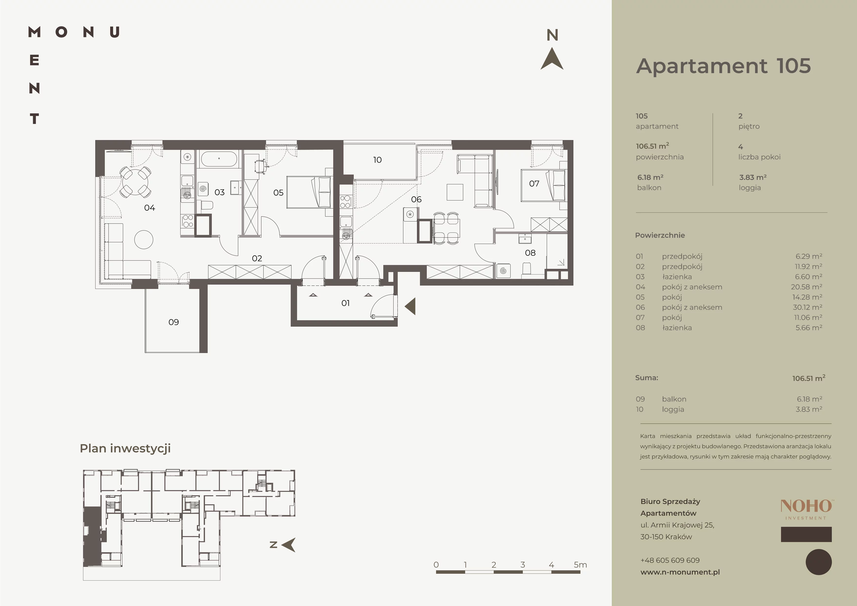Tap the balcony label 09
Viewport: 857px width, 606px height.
point(173,322)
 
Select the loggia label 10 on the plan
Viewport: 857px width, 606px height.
point(377,160)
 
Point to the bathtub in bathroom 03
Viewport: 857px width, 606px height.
point(219,159)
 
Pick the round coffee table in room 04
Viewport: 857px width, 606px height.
point(144,239)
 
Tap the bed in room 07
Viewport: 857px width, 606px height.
point(544,185)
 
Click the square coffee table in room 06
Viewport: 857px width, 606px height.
point(455,192)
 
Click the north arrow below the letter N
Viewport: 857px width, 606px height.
point(552,59)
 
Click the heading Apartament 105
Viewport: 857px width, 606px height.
point(723,66)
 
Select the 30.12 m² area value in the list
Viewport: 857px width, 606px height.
point(807,307)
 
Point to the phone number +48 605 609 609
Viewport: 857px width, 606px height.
point(670,560)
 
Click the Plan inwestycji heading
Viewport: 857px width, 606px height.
point(125,448)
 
